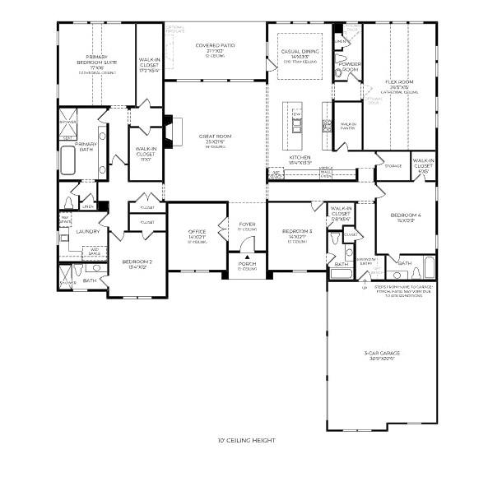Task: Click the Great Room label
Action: click(x=211, y=137)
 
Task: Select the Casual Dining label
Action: click(x=300, y=51)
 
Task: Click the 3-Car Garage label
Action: click(x=383, y=354)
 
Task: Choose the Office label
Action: click(x=196, y=234)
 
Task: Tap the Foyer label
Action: click(x=248, y=224)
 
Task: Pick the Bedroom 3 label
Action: click(x=297, y=232)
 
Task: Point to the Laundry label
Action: click(x=87, y=231)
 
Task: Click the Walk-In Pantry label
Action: click(x=349, y=127)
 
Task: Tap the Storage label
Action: click(x=393, y=166)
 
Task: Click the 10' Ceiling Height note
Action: click(x=247, y=441)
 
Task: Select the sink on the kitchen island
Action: click(x=297, y=124)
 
